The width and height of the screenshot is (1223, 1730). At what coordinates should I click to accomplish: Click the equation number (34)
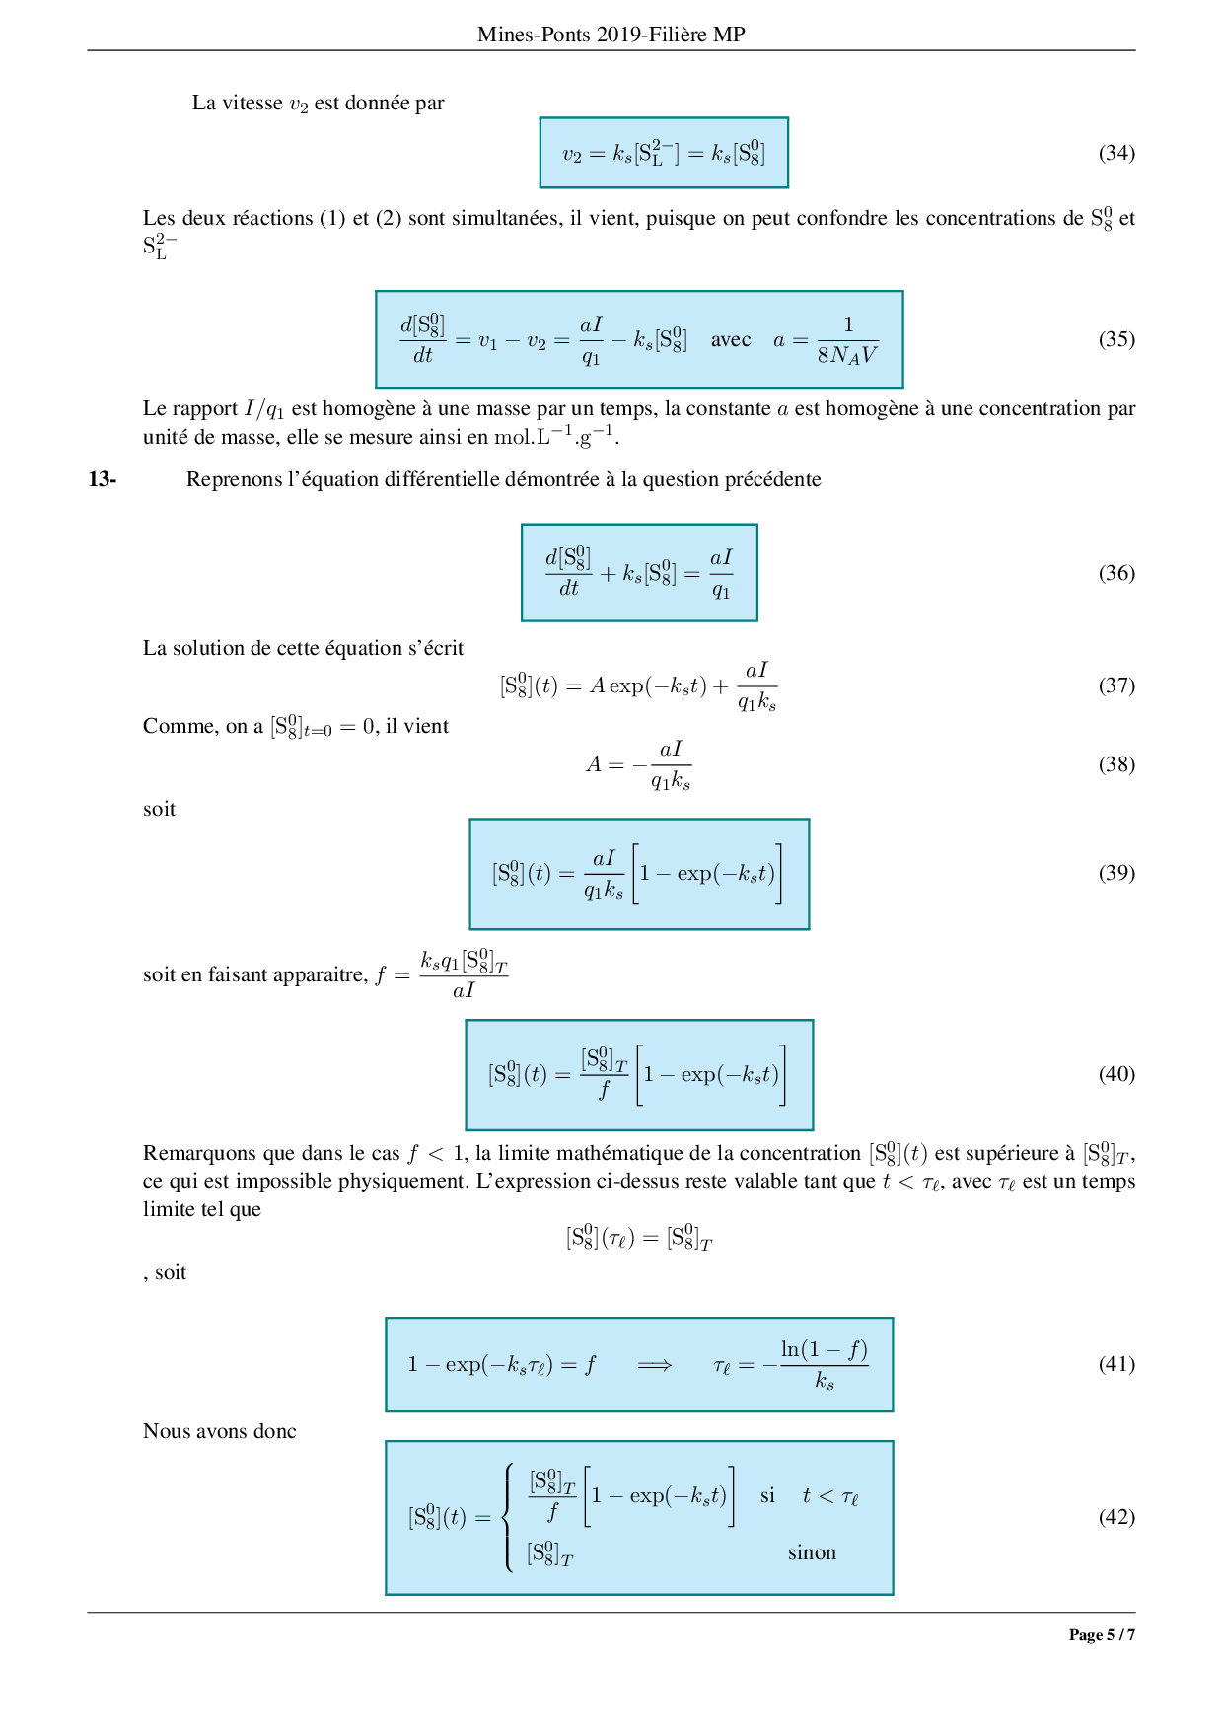click(x=1116, y=153)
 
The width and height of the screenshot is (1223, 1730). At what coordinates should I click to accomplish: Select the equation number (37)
click(x=1116, y=685)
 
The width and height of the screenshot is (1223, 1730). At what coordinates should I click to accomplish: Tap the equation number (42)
click(x=1116, y=1517)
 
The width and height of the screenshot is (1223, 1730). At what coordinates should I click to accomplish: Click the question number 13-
click(x=103, y=480)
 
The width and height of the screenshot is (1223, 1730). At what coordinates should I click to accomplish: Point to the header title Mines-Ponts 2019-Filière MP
click(x=611, y=35)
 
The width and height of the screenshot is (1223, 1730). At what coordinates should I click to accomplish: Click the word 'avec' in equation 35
click(x=731, y=340)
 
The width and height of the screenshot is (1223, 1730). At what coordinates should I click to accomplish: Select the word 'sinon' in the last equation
click(x=812, y=1553)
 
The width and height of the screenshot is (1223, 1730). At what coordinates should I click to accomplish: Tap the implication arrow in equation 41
click(x=654, y=1365)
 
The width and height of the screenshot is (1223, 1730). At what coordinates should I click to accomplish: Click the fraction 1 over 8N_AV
click(x=847, y=340)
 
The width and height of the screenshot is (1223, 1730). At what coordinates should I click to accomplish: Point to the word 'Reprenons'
click(x=236, y=480)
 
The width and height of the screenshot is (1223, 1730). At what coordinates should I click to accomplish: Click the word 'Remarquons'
click(x=202, y=1154)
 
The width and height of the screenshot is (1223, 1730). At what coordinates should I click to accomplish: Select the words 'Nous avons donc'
click(x=219, y=1432)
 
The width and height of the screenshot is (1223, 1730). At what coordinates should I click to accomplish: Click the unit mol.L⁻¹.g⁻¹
click(x=556, y=436)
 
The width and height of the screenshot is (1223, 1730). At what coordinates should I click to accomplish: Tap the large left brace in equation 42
click(x=508, y=1517)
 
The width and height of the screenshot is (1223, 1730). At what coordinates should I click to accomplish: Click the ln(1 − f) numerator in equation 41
click(x=825, y=1349)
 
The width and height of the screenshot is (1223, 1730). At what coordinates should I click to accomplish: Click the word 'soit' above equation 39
click(x=159, y=810)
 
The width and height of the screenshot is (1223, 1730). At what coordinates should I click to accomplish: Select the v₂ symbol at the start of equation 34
click(x=573, y=154)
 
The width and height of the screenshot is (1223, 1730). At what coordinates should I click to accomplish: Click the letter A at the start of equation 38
click(x=593, y=764)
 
